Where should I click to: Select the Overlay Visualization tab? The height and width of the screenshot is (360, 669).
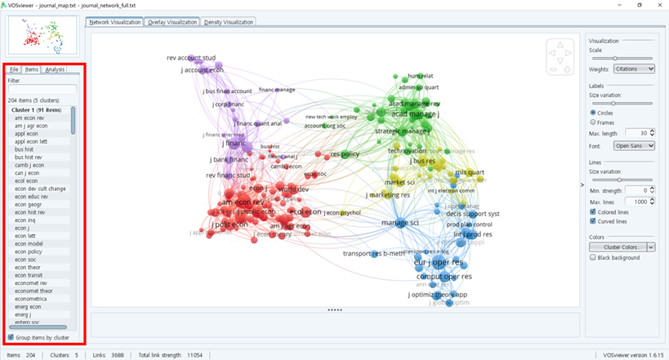pyautogui.click(x=173, y=22)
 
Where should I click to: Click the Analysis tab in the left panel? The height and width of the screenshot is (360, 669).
pyautogui.click(x=56, y=70)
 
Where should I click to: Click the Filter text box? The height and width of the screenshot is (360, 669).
pyautogui.click(x=42, y=90)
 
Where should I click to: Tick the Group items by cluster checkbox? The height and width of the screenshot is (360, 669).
pyautogui.click(x=11, y=336)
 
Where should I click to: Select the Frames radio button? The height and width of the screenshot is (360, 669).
pyautogui.click(x=591, y=122)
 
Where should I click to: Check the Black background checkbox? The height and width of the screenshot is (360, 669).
pyautogui.click(x=591, y=257)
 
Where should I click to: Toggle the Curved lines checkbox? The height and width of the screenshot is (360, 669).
pyautogui.click(x=591, y=220)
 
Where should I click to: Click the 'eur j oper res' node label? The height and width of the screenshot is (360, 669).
pyautogui.click(x=439, y=263)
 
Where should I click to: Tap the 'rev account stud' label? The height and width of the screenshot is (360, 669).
pyautogui.click(x=191, y=58)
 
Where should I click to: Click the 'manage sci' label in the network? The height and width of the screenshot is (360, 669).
pyautogui.click(x=400, y=223)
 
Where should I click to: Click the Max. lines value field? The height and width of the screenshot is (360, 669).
pyautogui.click(x=638, y=201)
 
